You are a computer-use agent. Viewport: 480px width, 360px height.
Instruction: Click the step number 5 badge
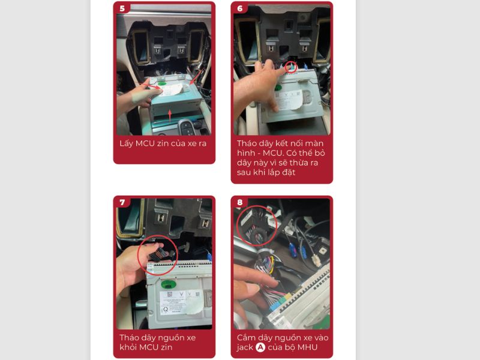122,9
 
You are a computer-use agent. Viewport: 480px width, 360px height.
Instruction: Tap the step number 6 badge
240,9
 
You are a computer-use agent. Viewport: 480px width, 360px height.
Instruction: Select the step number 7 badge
122,202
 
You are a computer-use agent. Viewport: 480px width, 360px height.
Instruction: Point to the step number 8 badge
240,202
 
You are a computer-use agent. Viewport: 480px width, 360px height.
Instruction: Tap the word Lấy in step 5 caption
127,143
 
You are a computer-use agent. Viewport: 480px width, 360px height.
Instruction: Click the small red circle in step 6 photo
291,67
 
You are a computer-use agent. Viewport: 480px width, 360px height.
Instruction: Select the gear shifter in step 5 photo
188,127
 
